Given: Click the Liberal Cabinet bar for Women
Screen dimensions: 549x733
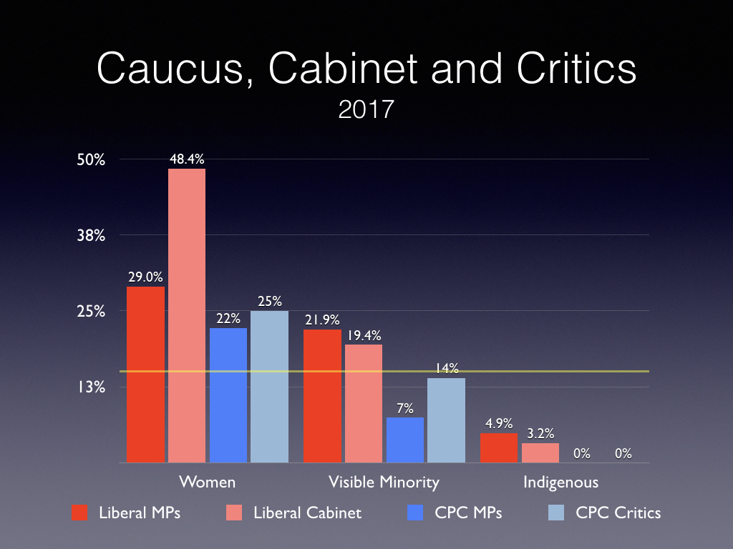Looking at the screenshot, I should (x=187, y=316).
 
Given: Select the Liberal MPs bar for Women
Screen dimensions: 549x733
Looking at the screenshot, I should (x=145, y=375).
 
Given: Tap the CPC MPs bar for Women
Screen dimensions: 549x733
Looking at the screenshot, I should (x=228, y=395).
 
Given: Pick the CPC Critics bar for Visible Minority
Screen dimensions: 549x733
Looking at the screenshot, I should (x=446, y=420).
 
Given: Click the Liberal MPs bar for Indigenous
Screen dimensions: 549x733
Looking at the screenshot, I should (x=499, y=448).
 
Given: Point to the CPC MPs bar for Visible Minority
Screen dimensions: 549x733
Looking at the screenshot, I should (x=404, y=440).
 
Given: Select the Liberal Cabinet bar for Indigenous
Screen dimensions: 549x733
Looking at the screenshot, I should (x=540, y=453).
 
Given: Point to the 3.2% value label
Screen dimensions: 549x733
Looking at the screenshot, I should (x=540, y=433).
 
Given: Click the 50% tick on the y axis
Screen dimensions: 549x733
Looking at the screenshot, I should (x=92, y=159).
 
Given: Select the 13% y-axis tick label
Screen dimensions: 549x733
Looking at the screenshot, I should (x=92, y=387).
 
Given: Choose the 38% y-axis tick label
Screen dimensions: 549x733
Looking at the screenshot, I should (x=92, y=235).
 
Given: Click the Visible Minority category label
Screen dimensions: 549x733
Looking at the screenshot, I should (x=384, y=482).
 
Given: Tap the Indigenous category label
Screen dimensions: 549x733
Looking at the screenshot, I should (x=560, y=482).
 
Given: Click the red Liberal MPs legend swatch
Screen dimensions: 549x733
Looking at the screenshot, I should (x=79, y=513).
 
